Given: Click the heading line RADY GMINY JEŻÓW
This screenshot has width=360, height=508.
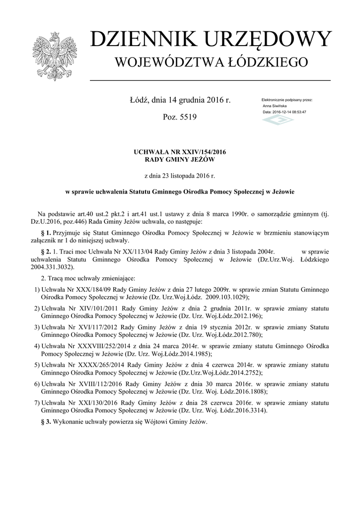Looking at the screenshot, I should (x=180, y=160).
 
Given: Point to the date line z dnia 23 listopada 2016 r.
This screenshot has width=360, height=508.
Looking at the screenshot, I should (x=180, y=176).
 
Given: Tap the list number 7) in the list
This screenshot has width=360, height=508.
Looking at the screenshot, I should (x=36, y=402).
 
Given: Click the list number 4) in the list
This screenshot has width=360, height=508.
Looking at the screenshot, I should (x=36, y=345).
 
